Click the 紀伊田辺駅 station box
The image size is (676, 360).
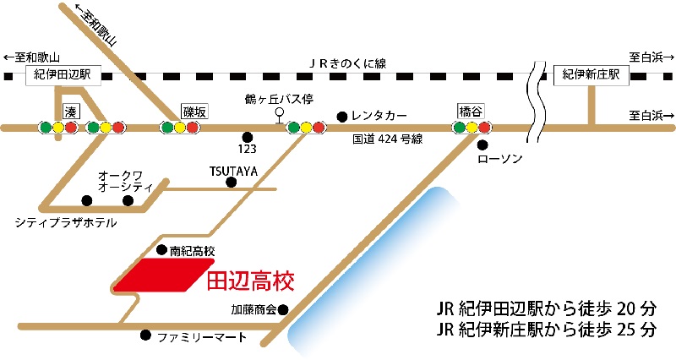63,76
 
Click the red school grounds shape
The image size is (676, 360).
161,275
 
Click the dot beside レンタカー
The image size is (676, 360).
341,116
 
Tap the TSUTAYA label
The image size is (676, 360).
233,171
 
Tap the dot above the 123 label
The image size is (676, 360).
247,137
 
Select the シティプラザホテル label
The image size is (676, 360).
66,222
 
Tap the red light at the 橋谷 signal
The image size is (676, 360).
484,128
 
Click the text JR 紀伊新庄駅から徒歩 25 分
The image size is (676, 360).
548,327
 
